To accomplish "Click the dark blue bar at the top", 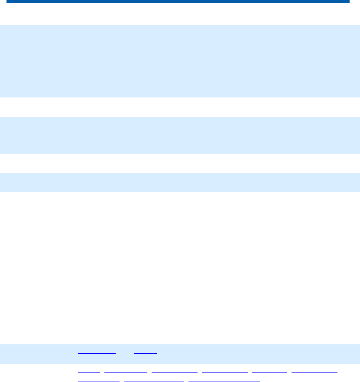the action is (178, 2).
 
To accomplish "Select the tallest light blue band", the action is (180, 61).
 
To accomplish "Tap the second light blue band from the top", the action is (180, 135).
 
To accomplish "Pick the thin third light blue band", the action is (180, 182).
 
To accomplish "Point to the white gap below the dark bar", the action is (180, 14).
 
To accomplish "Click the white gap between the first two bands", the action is (180, 107).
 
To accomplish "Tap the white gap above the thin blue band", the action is (180, 164).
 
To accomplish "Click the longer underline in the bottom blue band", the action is (97, 354).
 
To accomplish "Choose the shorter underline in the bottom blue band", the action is (146, 354).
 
